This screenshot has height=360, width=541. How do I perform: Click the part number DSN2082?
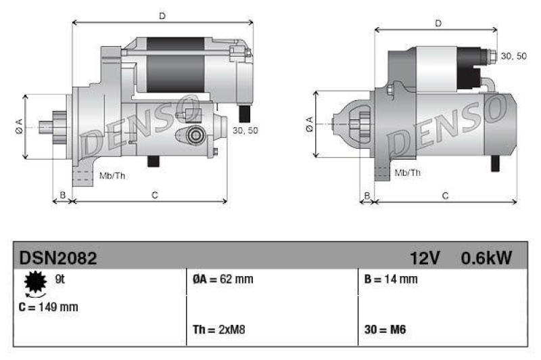(58, 258)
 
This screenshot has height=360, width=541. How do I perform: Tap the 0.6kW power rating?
(486, 258)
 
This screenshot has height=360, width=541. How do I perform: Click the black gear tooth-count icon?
(32, 283)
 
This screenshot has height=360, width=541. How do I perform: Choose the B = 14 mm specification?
(390, 279)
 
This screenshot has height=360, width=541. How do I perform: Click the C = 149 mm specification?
(49, 307)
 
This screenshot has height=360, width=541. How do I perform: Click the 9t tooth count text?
(59, 279)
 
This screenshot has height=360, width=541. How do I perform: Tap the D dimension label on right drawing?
(438, 24)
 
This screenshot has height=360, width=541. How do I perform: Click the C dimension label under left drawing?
(155, 196)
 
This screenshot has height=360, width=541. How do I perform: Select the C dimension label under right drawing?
(445, 196)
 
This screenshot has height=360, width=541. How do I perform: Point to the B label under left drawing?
(62, 196)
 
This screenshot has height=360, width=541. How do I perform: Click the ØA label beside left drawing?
(19, 126)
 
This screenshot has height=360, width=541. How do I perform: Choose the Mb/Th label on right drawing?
(407, 173)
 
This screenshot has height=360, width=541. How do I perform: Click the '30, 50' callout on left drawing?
(245, 131)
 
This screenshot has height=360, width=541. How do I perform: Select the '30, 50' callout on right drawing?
(513, 55)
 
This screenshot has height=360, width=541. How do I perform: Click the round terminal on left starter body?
(196, 135)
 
